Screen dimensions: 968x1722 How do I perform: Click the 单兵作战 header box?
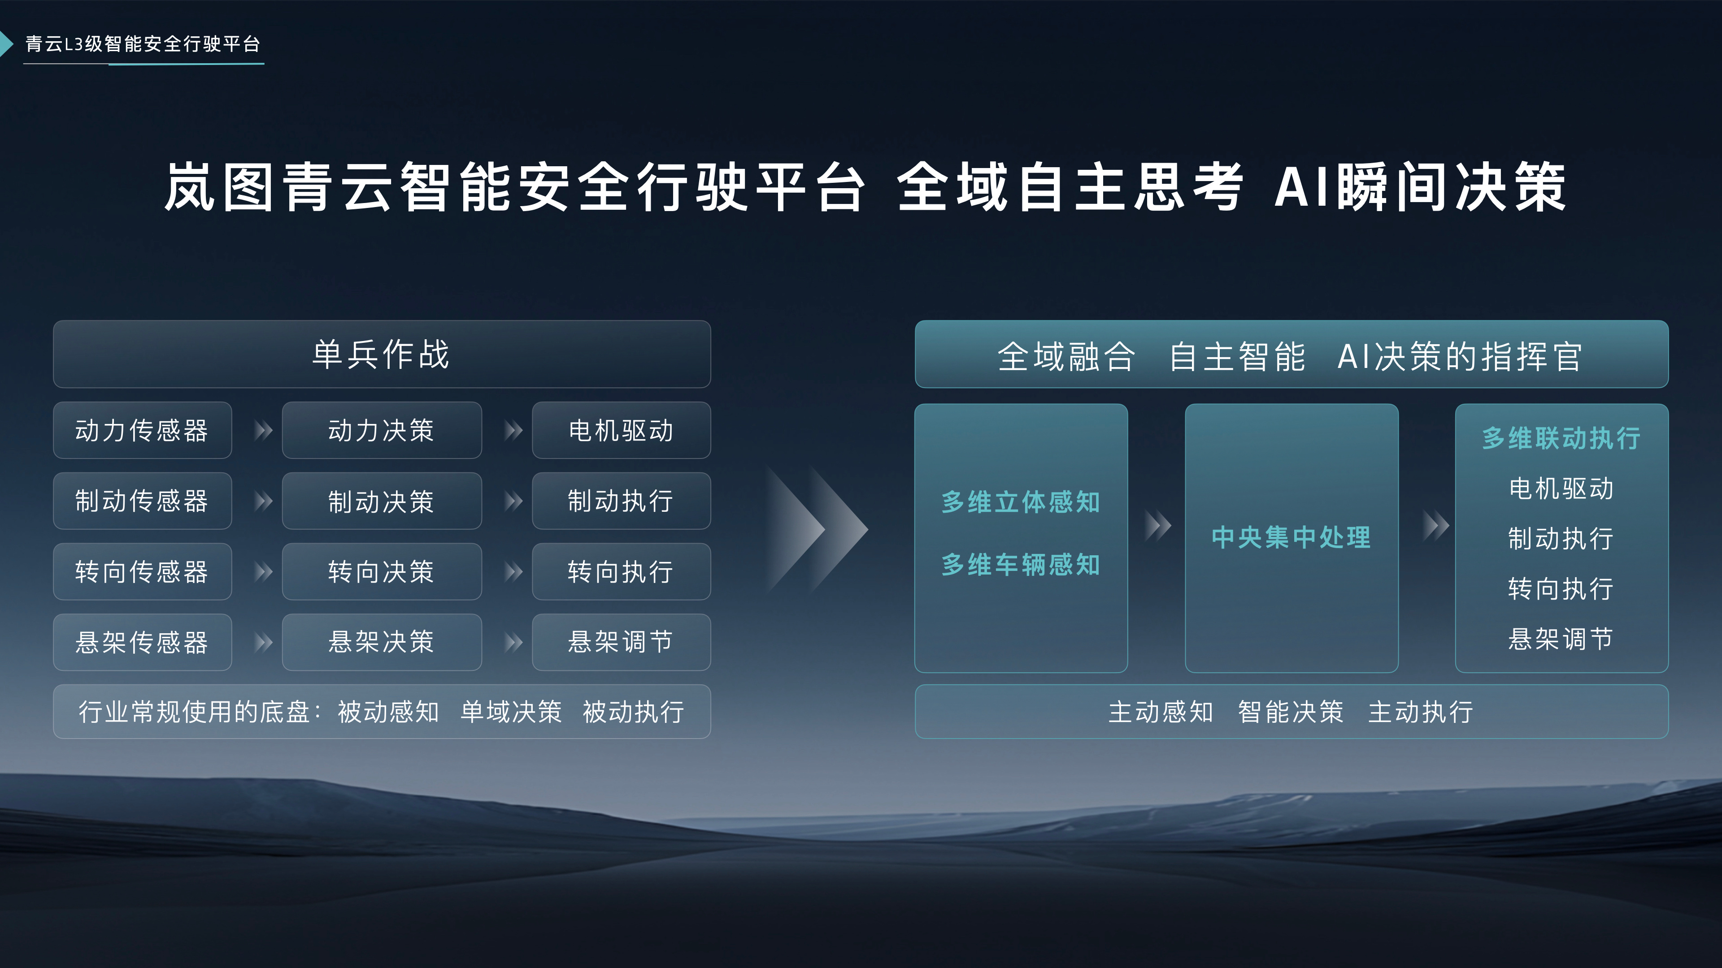[x=382, y=354]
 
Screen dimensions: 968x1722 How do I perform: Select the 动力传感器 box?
[x=142, y=430]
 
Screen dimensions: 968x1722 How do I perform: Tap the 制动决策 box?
[x=381, y=501]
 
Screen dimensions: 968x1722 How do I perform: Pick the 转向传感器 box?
[x=142, y=572]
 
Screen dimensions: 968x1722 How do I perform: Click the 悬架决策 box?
[x=381, y=642]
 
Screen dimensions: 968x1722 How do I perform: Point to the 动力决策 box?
[x=381, y=430]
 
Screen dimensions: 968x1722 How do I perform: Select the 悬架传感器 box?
[x=142, y=642]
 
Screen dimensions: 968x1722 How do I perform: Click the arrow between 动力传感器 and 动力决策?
[x=263, y=430]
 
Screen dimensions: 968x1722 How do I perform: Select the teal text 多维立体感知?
[x=1021, y=502]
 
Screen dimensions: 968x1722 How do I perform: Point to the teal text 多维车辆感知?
[x=1021, y=565]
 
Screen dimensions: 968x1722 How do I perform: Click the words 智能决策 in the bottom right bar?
[x=1290, y=712]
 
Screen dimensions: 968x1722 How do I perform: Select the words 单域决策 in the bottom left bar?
[x=511, y=712]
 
